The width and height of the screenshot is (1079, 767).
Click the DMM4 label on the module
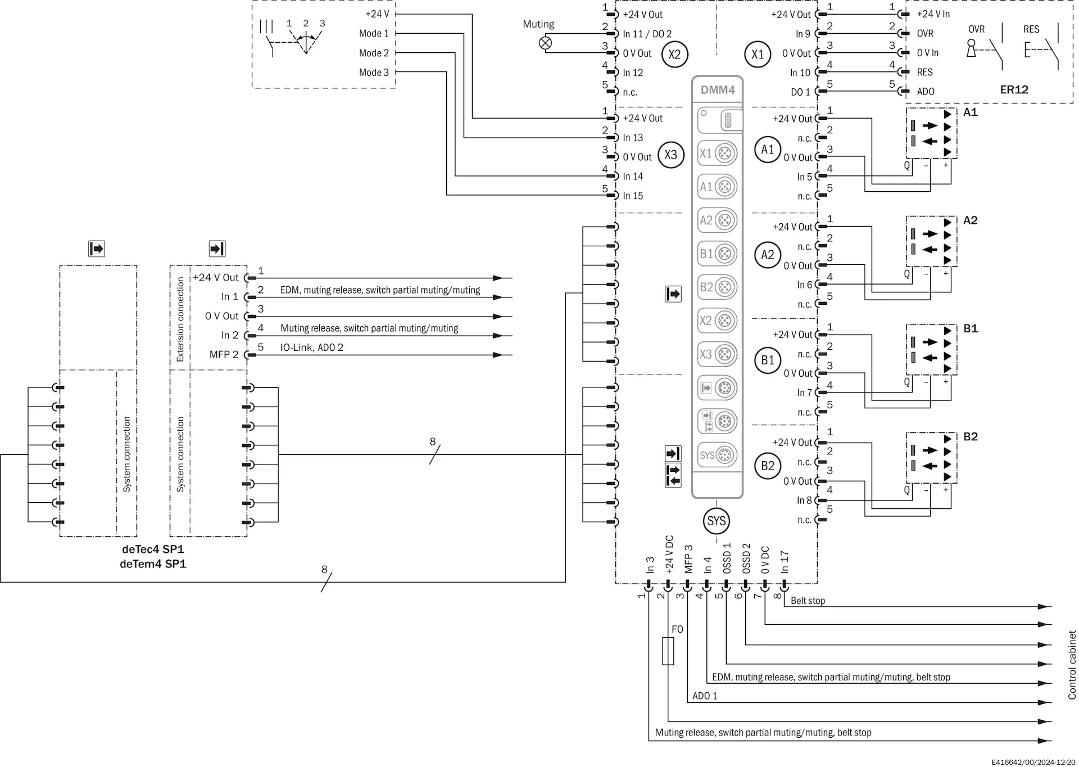(x=717, y=90)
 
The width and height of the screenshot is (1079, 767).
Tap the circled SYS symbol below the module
(x=717, y=521)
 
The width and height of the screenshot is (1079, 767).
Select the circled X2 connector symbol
(x=674, y=55)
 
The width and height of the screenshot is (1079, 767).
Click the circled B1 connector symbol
(x=768, y=360)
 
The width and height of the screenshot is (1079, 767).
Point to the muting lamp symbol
(x=545, y=43)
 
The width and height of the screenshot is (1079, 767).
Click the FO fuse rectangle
(x=668, y=651)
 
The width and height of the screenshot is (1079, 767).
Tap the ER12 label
(x=1014, y=90)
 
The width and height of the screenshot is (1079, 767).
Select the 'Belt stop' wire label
(x=808, y=601)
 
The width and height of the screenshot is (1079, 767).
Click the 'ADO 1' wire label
(x=705, y=696)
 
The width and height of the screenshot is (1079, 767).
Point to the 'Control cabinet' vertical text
(x=1072, y=665)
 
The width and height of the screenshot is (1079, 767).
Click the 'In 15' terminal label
(x=633, y=196)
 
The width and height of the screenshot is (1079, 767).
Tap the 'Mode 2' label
(x=374, y=53)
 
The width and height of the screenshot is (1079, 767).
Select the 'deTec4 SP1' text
(x=153, y=549)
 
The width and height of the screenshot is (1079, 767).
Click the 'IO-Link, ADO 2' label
(x=312, y=348)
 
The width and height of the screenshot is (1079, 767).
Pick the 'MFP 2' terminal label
(x=224, y=355)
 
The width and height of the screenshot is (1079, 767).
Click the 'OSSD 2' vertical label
(x=746, y=558)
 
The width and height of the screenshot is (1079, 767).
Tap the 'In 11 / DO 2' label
(x=647, y=34)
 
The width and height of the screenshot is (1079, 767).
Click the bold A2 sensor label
(x=970, y=220)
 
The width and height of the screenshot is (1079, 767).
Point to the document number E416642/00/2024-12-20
(x=1033, y=762)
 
